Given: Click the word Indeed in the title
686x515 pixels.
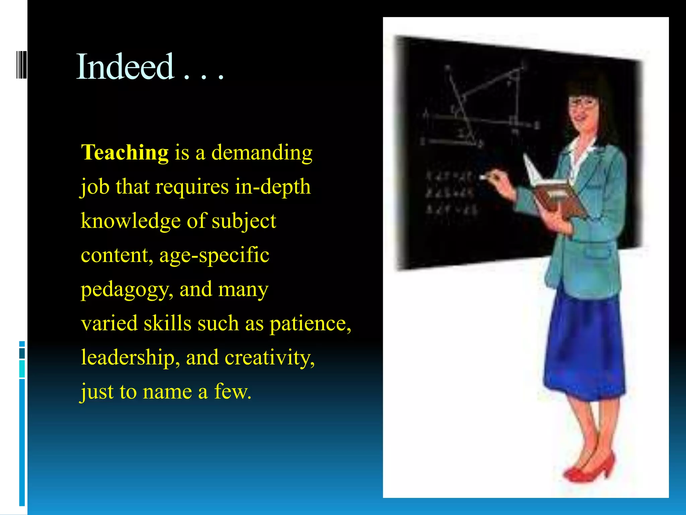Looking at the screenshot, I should (125, 67).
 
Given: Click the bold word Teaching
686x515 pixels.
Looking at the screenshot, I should (125, 153).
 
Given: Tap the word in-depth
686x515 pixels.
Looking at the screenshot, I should (272, 187).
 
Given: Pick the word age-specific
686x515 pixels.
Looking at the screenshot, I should (214, 255).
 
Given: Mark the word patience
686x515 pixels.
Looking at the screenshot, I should (310, 324).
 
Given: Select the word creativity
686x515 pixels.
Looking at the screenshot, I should (269, 358).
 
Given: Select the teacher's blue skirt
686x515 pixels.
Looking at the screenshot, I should (585, 349).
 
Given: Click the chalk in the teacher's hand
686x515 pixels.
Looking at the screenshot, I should (483, 177).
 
